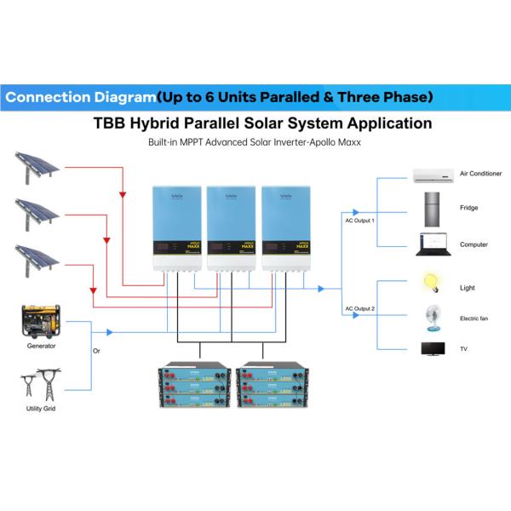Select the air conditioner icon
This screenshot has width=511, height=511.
tap(435, 175)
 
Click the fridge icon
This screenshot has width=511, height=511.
tap(433, 208)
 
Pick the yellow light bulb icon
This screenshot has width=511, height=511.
tap(432, 282)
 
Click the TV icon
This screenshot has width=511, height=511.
tap(433, 348)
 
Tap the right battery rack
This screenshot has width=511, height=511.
tap(269, 388)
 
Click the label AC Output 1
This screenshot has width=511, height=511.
tap(359, 221)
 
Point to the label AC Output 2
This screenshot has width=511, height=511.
tap(359, 308)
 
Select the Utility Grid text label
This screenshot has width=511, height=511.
tap(41, 410)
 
